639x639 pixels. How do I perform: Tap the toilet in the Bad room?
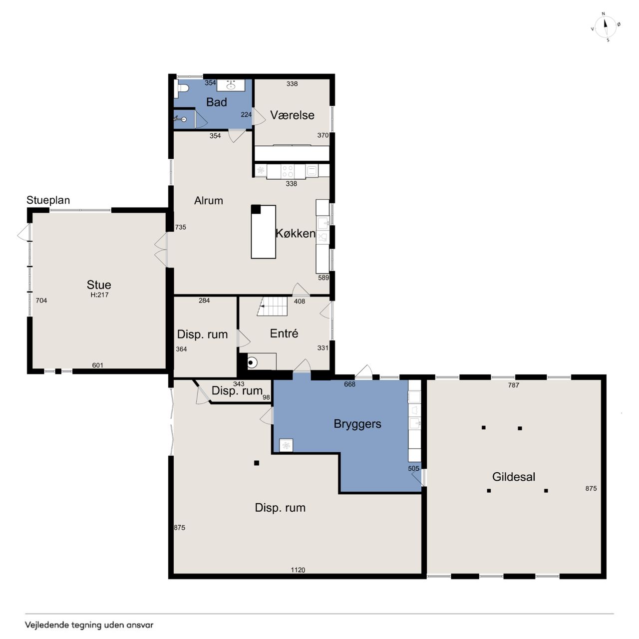182,88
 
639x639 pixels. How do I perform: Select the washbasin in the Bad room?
231,85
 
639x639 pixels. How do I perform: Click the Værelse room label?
292,115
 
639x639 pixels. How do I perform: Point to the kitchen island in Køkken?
263,232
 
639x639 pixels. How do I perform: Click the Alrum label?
208,201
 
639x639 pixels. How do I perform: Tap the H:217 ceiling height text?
99,295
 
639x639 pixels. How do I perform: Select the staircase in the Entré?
272,306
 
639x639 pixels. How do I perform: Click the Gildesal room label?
514,477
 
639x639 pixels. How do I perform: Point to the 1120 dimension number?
298,570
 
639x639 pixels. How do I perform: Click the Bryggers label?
357,424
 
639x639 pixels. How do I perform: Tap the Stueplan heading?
48,200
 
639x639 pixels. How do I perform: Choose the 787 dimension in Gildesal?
513,385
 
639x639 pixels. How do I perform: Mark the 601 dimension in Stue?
97,365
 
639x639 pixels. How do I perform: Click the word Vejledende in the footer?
45,625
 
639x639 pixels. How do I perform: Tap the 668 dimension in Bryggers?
349,384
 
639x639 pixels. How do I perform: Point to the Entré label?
284,333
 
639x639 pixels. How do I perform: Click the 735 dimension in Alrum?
180,227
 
